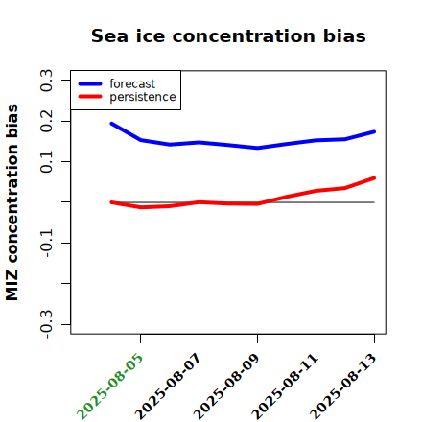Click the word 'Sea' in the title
tap(109, 35)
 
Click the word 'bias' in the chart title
tap(344, 35)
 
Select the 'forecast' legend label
tap(132, 83)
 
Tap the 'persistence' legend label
tap(143, 97)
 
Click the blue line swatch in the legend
tap(90, 83)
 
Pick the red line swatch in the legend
tap(90, 97)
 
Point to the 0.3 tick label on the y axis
tap(46, 81)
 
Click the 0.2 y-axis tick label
tap(46, 121)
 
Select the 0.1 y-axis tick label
tap(46, 162)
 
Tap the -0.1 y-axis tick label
tap(46, 244)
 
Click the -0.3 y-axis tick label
tap(46, 324)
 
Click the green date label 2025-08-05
tap(110, 387)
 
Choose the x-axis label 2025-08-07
tap(169, 387)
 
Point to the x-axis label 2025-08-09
tap(227, 387)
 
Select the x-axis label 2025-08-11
tap(286, 387)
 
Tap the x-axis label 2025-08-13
tap(344, 387)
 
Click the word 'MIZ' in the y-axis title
tap(12, 285)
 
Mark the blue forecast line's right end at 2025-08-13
tap(374, 131)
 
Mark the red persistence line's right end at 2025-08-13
tap(374, 177)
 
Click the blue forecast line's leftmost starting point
tap(111, 124)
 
